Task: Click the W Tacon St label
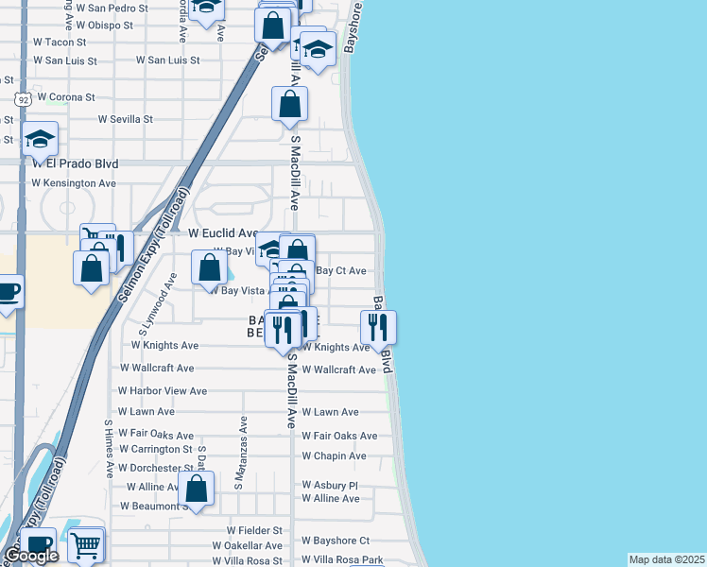[x=60, y=43]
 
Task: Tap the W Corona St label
[x=64, y=97]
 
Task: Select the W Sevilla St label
[x=126, y=120]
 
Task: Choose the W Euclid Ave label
[x=223, y=232]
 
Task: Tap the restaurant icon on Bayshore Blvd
[x=378, y=327]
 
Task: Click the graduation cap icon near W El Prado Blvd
[x=40, y=140]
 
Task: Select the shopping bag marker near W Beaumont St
[x=197, y=490]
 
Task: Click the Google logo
[x=31, y=556]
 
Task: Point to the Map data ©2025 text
[x=666, y=559]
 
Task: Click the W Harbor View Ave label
[x=162, y=391]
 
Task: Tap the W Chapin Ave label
[x=334, y=456]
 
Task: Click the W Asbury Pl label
[x=330, y=486]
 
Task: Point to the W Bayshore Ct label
[x=336, y=541]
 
